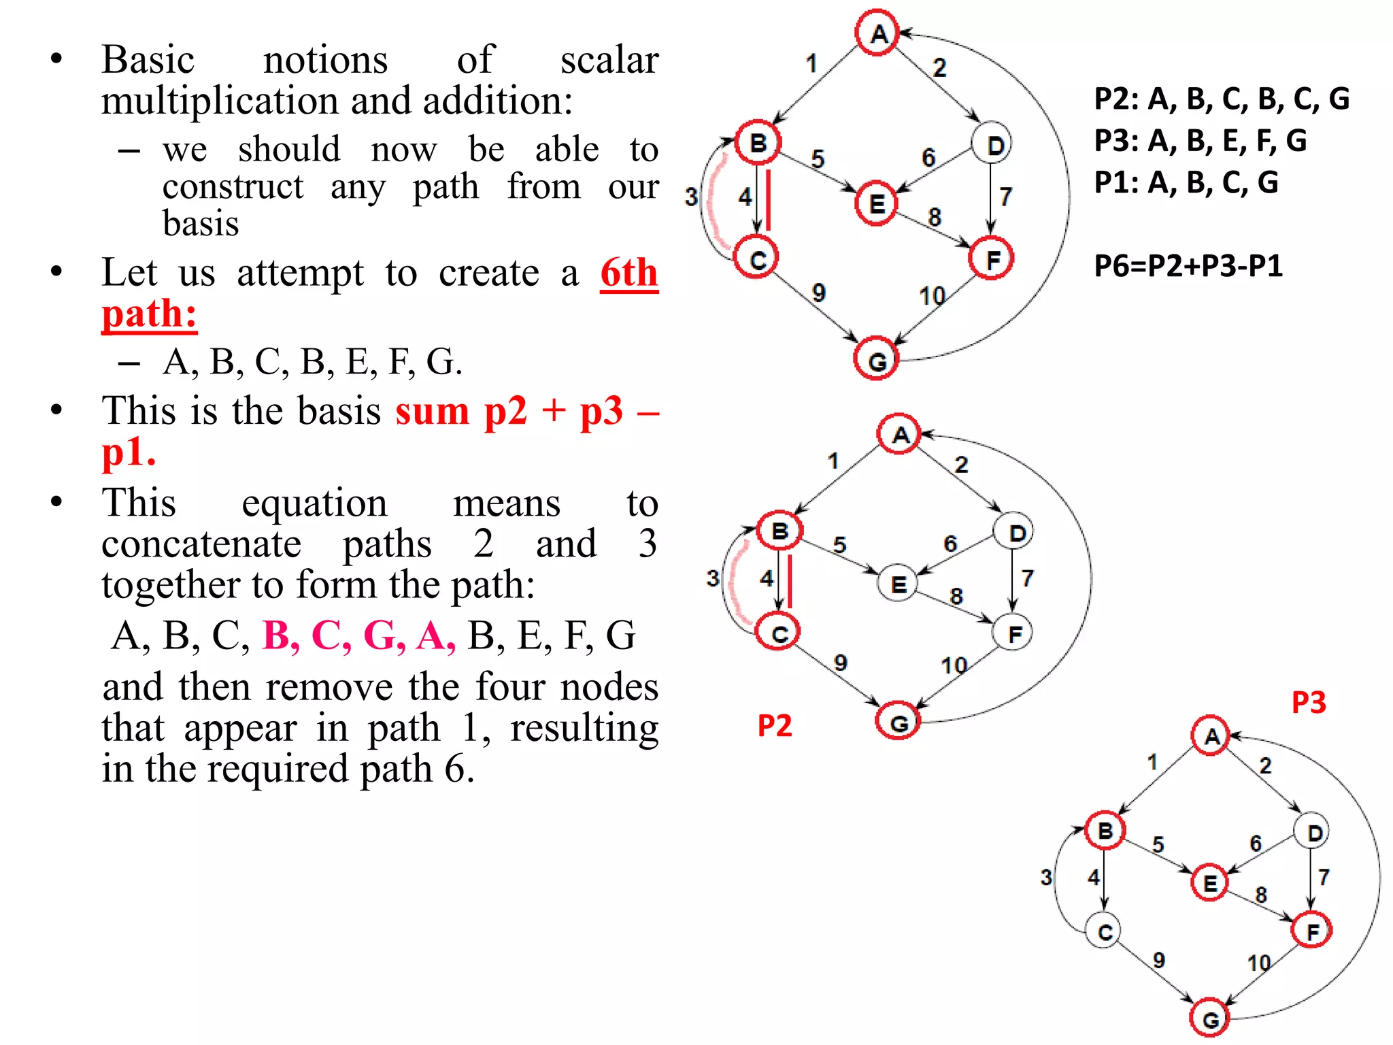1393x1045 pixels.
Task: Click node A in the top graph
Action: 877,33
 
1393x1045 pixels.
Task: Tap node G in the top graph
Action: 876,359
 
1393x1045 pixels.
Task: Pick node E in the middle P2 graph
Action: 898,583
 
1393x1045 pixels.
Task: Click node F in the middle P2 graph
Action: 1013,633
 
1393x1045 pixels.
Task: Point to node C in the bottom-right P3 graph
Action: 1105,931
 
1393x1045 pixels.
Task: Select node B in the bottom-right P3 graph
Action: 1105,830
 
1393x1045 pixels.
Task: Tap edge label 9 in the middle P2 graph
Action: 841,662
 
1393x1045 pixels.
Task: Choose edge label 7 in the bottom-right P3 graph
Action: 1324,877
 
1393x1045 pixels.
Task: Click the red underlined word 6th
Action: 629,273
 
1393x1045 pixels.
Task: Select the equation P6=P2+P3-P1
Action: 1188,265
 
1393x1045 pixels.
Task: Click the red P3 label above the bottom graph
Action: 1309,702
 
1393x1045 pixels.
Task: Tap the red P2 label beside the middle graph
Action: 775,726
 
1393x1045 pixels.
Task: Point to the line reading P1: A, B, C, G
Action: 1186,182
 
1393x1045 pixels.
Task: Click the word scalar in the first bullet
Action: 609,60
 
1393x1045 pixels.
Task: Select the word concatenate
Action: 201,544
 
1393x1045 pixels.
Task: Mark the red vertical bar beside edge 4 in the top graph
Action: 769,200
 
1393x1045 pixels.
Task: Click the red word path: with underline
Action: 150,314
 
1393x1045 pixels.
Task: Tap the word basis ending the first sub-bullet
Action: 201,223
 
